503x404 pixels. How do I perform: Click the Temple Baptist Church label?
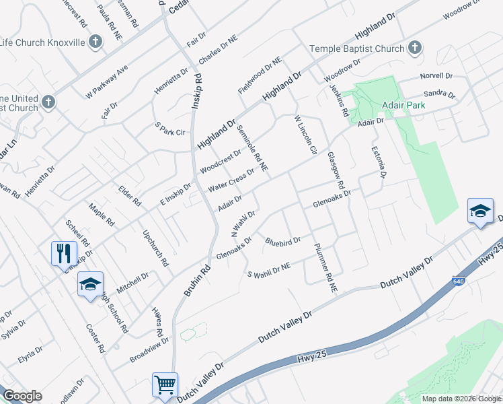coord(356,48)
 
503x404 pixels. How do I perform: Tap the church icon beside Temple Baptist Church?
coord(415,48)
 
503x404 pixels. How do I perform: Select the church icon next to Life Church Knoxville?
coord(95,42)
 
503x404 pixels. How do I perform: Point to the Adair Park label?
coord(381,106)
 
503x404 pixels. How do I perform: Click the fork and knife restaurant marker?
coord(62,253)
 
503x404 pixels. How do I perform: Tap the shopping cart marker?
coord(165,384)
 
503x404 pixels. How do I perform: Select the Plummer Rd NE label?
coord(325,267)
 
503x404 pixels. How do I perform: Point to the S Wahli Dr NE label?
coord(269,271)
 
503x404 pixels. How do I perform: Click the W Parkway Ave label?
coord(106,80)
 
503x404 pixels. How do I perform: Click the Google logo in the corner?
coord(22,396)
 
